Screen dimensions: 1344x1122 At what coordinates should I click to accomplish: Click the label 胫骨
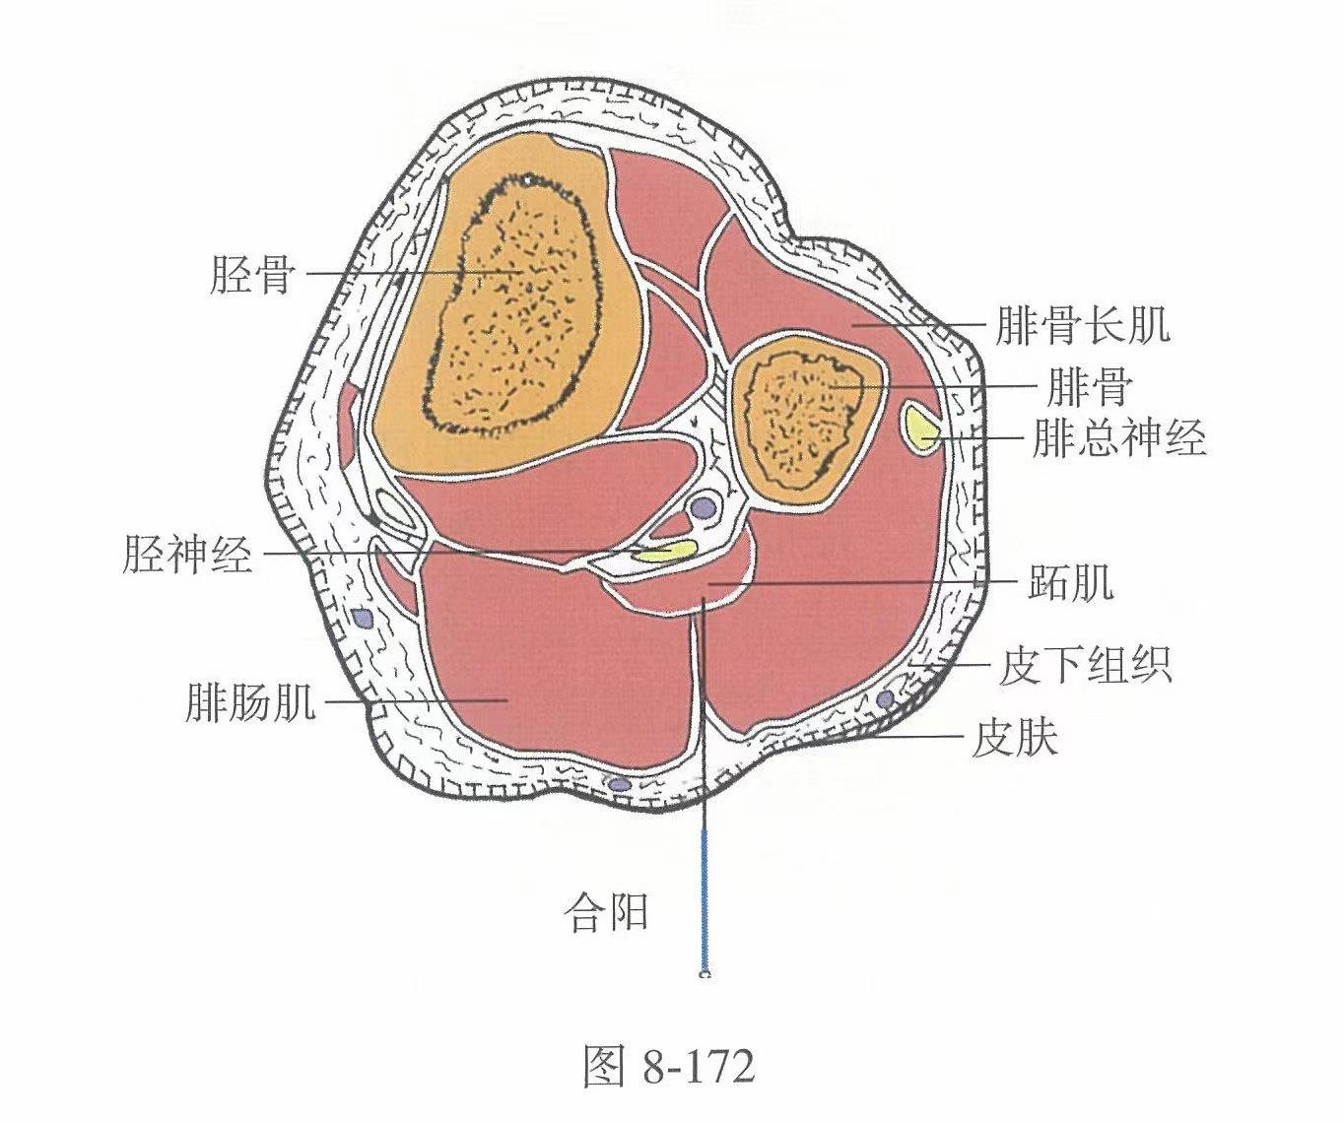pos(253,274)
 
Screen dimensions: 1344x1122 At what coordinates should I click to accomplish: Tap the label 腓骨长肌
pos(1083,325)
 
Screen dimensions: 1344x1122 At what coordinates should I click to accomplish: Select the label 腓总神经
pos(1118,437)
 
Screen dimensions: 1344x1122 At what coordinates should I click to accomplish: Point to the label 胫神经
pos(187,554)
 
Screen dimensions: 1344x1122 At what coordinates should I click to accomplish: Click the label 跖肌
pos(1070,581)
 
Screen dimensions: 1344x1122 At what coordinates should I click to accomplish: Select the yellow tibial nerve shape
pos(664,551)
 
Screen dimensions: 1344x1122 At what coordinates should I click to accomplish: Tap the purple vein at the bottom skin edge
pos(619,784)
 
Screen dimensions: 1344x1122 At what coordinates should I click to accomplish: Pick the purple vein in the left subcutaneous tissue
pos(364,619)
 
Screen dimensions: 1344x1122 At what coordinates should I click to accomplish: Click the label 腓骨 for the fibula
pos(1089,387)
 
